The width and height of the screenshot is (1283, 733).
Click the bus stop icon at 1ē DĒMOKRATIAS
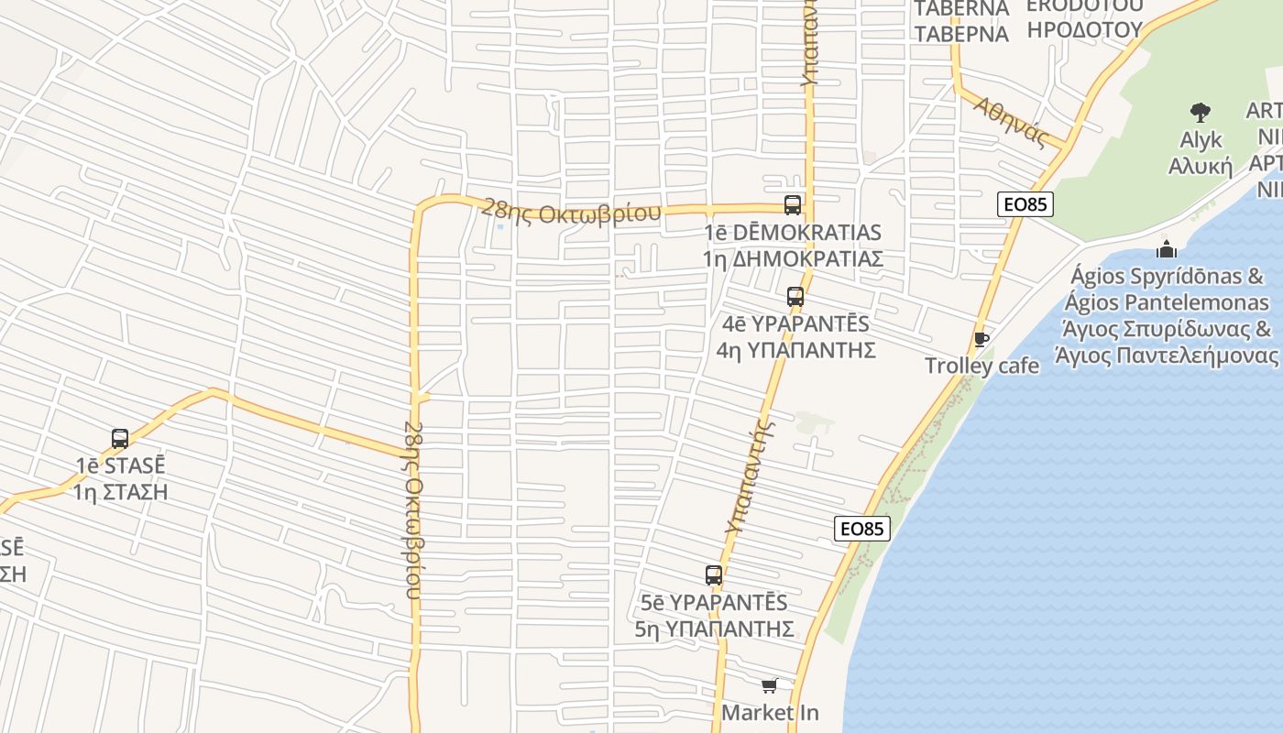[x=793, y=205]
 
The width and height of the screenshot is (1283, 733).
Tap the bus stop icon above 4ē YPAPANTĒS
[x=795, y=297]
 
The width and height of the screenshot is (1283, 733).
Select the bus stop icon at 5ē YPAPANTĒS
[x=714, y=575]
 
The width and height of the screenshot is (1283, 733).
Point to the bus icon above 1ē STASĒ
[x=120, y=439]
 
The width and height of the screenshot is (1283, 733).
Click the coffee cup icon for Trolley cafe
[x=981, y=340]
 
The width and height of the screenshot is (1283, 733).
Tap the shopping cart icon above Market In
[x=770, y=685]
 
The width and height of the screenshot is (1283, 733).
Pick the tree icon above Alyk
[x=1201, y=113]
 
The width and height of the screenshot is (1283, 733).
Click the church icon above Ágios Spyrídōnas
[x=1167, y=248]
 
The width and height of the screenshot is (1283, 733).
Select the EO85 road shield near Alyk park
[x=1025, y=204]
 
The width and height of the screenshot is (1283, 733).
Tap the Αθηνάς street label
[x=1011, y=122]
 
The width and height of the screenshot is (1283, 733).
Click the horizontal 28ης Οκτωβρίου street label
[x=571, y=212]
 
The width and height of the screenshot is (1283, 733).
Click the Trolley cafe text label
[x=981, y=366]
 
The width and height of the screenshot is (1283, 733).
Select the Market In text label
[x=770, y=712]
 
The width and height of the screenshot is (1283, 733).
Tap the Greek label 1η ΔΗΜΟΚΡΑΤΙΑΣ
[x=793, y=258]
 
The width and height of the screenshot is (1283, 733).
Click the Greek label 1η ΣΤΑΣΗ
[x=121, y=491]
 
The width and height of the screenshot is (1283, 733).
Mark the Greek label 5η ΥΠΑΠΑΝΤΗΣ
[x=714, y=629]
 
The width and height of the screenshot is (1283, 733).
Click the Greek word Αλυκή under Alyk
[x=1201, y=166]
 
